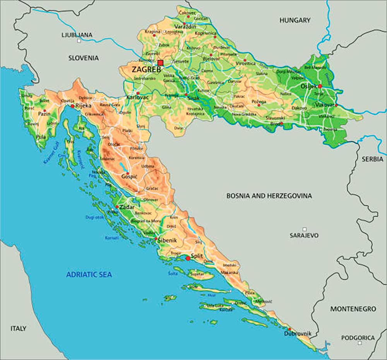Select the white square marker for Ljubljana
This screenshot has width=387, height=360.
pyautogui.click(x=79, y=41)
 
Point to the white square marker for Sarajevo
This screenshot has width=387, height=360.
pyautogui.click(x=305, y=229)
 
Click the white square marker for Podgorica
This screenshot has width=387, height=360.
pyautogui.click(x=360, y=343)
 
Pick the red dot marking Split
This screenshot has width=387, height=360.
pyautogui.click(x=188, y=258)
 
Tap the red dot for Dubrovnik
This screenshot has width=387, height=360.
pyautogui.click(x=289, y=329)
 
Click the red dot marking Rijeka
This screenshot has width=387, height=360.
pyautogui.click(x=72, y=106)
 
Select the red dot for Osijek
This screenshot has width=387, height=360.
pyautogui.click(x=320, y=86)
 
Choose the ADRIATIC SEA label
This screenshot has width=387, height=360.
pyautogui.click(x=89, y=275)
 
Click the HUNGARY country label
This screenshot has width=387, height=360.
pyautogui.click(x=295, y=20)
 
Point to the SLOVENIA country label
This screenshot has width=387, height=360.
pyautogui.click(x=84, y=58)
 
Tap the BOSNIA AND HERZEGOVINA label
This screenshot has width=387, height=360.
pyautogui.click(x=269, y=196)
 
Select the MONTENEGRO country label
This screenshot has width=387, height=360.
pyautogui.click(x=353, y=309)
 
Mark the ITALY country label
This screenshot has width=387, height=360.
pyautogui.click(x=18, y=328)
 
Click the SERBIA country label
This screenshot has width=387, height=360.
pyautogui.click(x=372, y=159)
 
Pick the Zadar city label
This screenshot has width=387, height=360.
pyautogui.click(x=127, y=207)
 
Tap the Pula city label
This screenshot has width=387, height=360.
pyautogui.click(x=40, y=137)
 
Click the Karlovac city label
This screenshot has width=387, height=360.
pyautogui.click(x=137, y=97)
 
